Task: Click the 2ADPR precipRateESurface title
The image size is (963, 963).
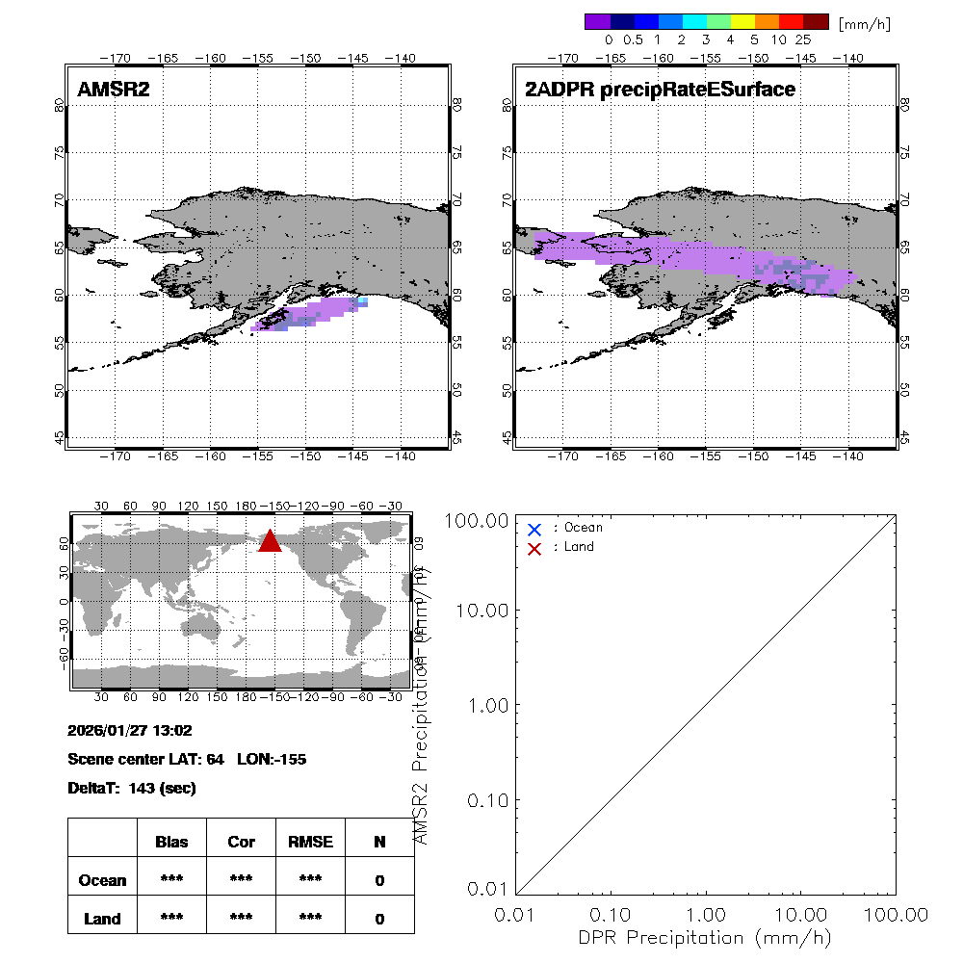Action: (x=660, y=90)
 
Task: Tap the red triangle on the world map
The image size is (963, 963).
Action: (x=270, y=542)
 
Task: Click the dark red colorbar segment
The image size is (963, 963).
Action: (x=816, y=21)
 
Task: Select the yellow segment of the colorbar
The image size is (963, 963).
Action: (x=742, y=21)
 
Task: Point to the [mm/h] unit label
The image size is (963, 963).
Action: (x=864, y=22)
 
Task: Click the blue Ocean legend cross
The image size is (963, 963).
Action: (x=534, y=529)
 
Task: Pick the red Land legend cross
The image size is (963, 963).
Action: (x=534, y=548)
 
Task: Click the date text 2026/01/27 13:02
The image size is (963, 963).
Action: (x=130, y=731)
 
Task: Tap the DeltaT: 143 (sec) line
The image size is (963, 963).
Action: (x=132, y=789)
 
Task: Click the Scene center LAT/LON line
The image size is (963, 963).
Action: (x=187, y=760)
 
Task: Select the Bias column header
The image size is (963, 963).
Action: (x=171, y=842)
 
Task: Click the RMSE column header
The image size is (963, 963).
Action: (x=310, y=842)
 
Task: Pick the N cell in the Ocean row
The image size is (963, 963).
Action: (x=379, y=880)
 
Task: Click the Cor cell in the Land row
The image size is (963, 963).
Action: (x=241, y=919)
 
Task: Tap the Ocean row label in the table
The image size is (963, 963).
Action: (x=102, y=880)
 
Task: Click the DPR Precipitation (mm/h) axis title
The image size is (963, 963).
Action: (x=706, y=937)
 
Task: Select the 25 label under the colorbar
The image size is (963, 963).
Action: (x=803, y=40)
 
